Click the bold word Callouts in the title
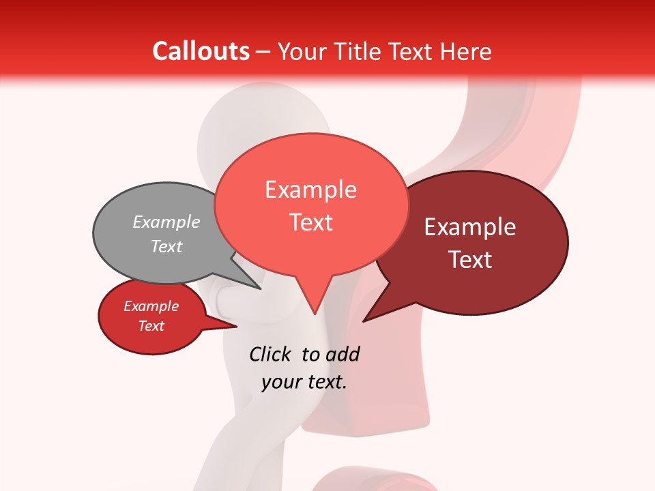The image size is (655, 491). (x=201, y=51)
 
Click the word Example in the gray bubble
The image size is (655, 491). (x=166, y=222)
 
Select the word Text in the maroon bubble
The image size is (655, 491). (x=470, y=260)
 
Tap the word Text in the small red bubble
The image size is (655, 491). (x=151, y=326)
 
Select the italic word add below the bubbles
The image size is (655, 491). (x=342, y=354)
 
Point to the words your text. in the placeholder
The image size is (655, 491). (x=304, y=382)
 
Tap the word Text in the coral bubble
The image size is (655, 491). (x=310, y=222)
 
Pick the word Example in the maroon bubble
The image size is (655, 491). (x=470, y=227)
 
